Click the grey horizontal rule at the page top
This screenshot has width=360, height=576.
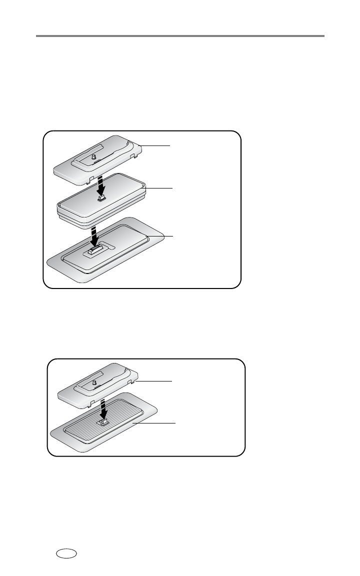coord(180,36)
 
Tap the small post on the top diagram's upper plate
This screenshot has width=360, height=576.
coord(93,157)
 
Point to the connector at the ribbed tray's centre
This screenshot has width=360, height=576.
coord(103,423)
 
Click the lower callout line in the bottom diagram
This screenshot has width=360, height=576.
coord(155,423)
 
